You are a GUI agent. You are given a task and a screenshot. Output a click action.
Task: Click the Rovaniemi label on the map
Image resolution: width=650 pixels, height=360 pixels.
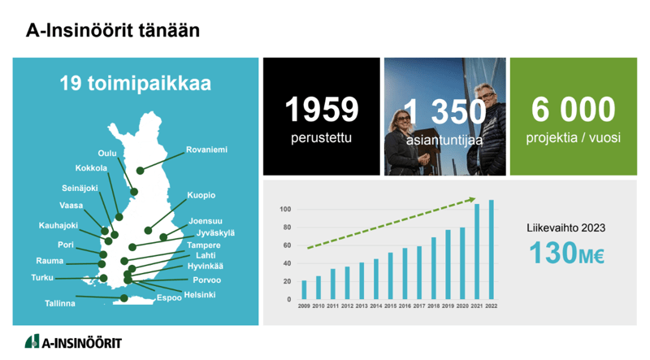point(206,150)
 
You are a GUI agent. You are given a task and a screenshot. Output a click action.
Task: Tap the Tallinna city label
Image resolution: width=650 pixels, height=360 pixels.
point(60,304)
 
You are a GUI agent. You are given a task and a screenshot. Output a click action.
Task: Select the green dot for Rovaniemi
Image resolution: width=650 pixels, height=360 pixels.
point(140,171)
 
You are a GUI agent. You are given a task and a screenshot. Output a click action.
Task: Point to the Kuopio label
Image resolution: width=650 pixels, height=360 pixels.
point(201,195)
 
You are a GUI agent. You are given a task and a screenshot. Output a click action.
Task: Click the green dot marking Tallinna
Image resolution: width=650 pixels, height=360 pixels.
point(124,298)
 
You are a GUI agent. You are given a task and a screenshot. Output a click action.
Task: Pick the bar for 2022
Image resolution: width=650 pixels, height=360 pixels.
point(492,249)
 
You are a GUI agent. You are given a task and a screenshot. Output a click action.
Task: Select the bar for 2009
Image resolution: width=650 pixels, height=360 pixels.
point(304,290)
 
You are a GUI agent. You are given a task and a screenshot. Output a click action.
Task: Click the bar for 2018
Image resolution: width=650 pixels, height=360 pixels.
point(434,268)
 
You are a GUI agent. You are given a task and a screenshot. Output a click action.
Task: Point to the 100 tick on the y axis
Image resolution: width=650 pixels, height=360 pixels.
point(285,210)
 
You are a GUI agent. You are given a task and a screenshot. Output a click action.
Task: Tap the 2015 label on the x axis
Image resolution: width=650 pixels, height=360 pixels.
point(390,306)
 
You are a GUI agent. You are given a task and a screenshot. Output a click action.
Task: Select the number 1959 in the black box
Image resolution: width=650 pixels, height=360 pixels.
point(321,110)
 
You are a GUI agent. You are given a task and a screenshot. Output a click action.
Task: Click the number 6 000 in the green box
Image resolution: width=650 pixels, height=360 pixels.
point(574,110)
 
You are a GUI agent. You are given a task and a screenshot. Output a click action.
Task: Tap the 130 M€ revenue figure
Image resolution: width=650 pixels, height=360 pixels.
point(566,253)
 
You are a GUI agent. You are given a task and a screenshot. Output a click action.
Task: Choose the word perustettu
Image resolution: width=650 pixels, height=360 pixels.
point(321,137)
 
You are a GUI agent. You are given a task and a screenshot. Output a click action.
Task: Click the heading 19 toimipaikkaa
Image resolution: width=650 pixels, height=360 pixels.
point(136,84)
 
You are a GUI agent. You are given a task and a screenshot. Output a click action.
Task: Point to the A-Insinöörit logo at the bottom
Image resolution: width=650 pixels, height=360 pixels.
point(73,342)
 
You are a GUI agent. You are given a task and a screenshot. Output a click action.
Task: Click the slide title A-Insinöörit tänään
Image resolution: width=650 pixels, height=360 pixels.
point(113,30)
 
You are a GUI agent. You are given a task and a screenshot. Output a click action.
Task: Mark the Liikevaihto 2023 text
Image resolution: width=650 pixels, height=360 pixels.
point(565,228)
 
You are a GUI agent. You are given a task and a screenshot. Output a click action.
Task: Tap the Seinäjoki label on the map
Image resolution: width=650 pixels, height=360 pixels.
point(80,189)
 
